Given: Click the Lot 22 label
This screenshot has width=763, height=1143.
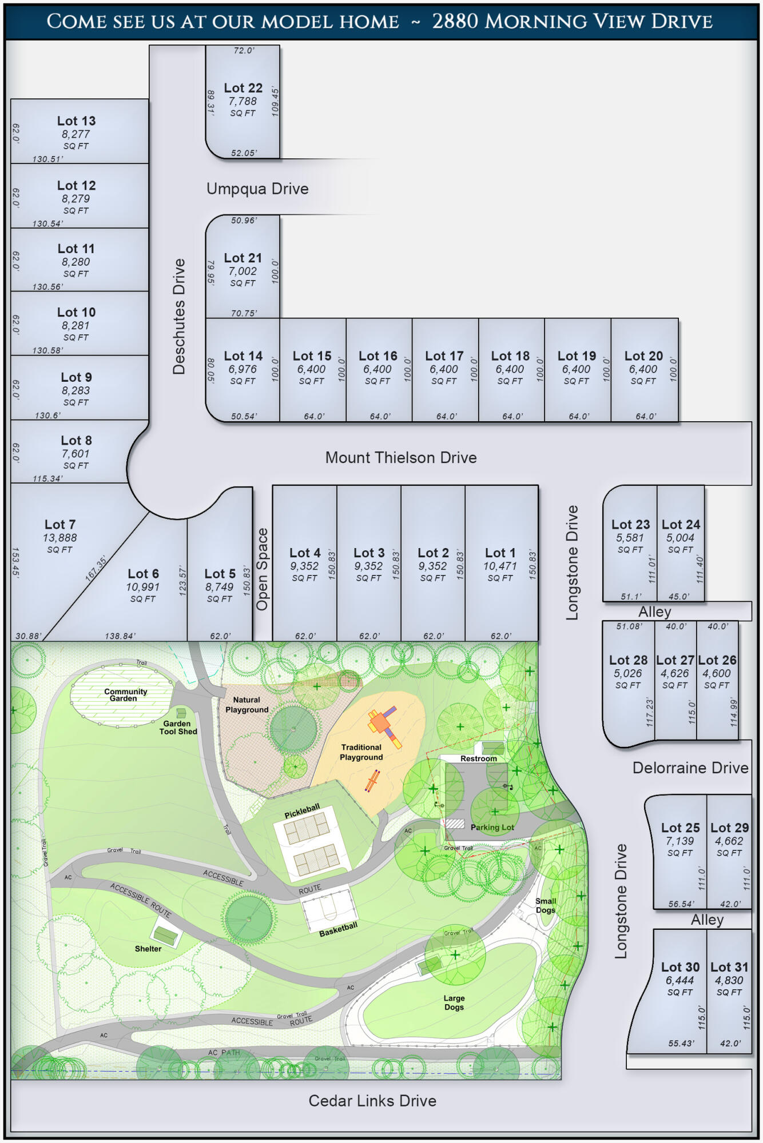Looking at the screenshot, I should (x=243, y=88).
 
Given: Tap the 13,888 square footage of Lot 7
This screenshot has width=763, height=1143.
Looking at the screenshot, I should (x=59, y=538).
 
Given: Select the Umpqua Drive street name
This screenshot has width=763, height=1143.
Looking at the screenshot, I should (x=257, y=189).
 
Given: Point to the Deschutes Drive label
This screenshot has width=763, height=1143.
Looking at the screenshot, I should (x=179, y=316).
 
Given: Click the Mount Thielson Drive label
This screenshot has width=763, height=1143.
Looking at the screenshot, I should (x=400, y=458).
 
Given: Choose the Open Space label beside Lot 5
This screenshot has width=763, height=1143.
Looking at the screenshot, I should (x=262, y=569).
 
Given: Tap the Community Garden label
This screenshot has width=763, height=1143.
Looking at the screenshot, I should (x=125, y=695).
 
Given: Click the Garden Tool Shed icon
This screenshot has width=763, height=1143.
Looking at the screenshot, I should (x=181, y=713).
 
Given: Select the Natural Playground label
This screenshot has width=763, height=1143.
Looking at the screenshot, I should (x=247, y=705).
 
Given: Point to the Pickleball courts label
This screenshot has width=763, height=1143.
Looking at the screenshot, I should (x=302, y=811).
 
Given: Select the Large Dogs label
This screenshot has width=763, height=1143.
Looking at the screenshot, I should (x=454, y=1002).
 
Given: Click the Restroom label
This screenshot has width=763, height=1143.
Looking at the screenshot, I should (x=479, y=759).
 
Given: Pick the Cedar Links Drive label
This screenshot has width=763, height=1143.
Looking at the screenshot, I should (x=372, y=1101).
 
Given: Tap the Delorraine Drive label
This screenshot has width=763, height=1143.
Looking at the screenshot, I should (x=690, y=768).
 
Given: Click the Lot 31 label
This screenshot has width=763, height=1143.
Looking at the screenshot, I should (x=729, y=967).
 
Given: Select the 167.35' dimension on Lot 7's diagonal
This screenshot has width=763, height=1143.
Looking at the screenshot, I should (x=96, y=569).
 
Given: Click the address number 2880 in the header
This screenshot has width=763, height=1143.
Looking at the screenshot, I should (x=455, y=22).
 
